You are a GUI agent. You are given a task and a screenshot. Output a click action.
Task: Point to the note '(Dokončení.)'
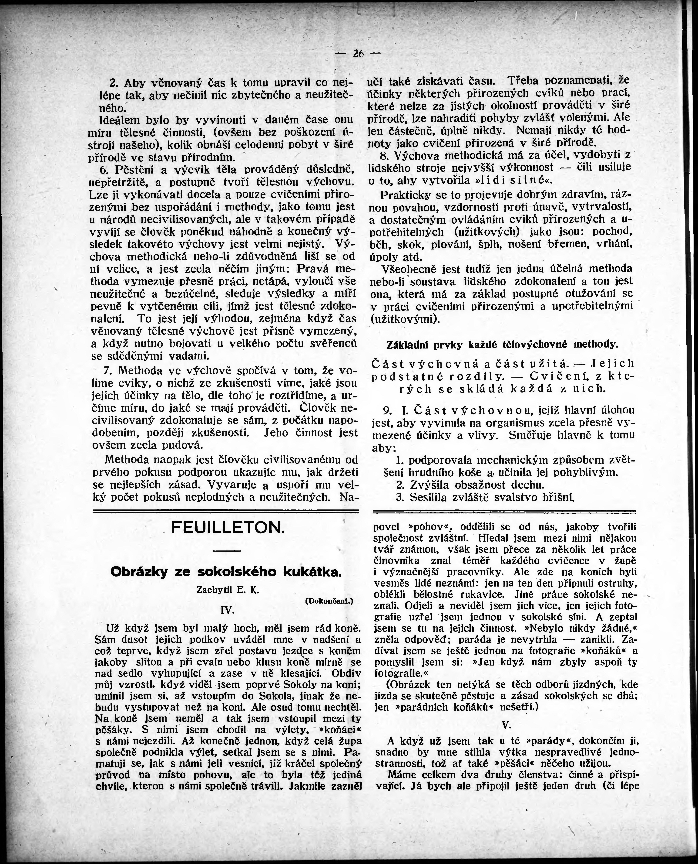(329, 601)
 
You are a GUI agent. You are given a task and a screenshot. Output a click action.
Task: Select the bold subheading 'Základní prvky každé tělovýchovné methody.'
(502, 345)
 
